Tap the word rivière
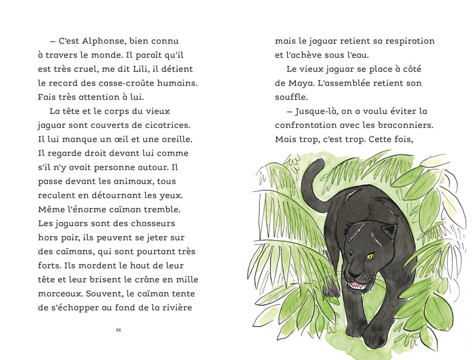[x=175, y=308]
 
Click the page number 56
[x=118, y=330]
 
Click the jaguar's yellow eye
[x=370, y=255]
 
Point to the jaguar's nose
[x=353, y=273]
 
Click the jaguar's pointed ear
[x=390, y=230]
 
